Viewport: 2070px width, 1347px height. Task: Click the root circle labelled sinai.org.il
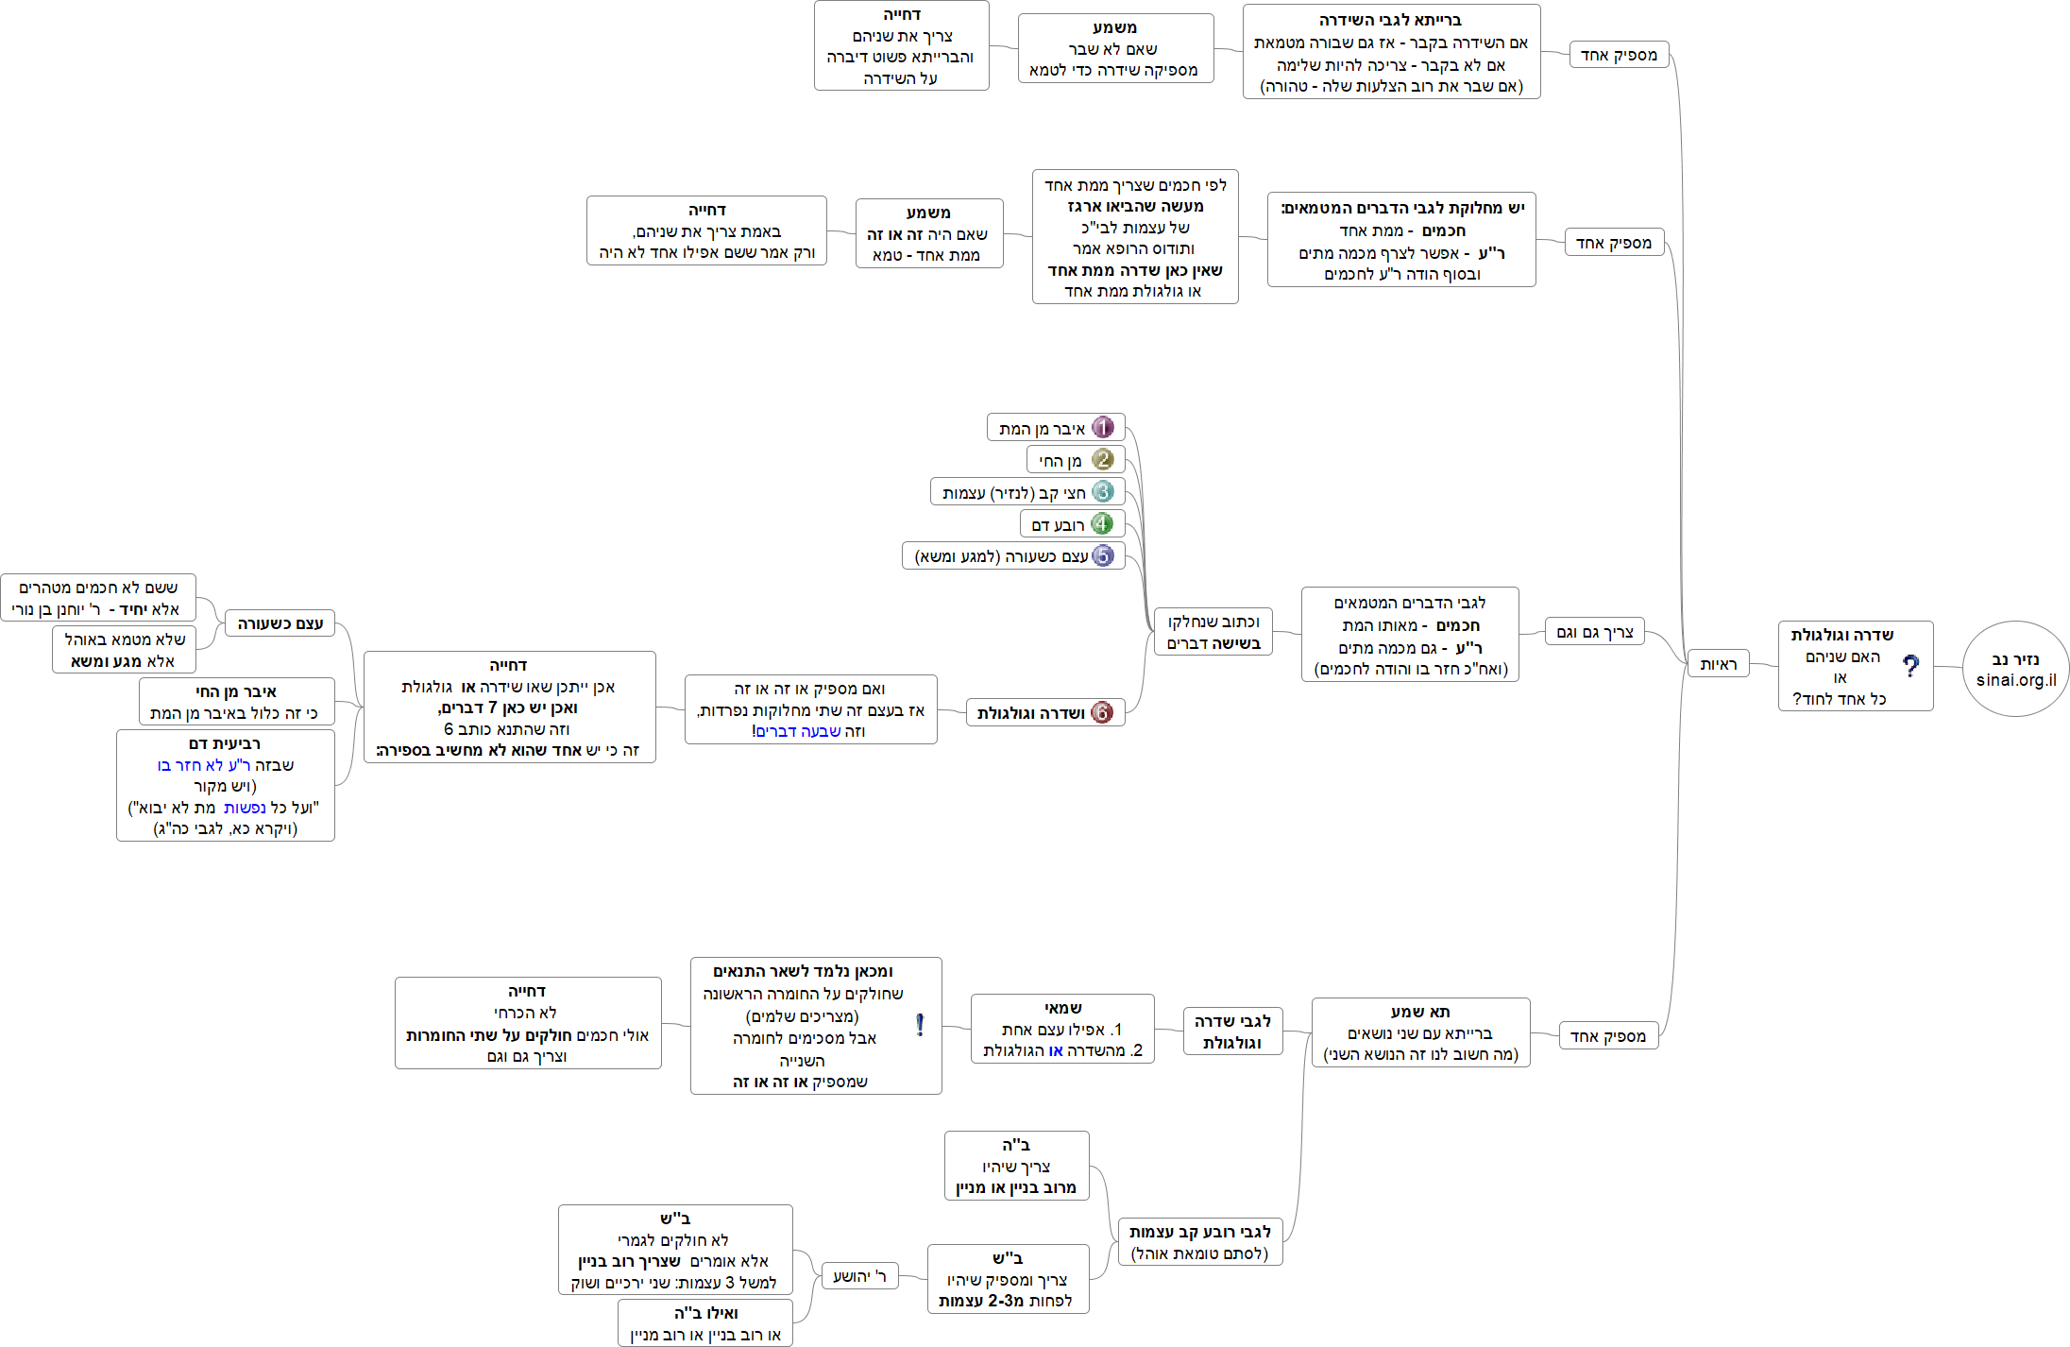pyautogui.click(x=2015, y=669)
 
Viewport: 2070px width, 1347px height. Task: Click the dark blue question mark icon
pyautogui.click(x=1910, y=667)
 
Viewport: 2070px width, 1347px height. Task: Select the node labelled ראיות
pyautogui.click(x=1718, y=664)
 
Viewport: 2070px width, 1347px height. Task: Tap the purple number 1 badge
pyautogui.click(x=1102, y=428)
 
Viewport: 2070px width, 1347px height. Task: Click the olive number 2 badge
pyautogui.click(x=1102, y=460)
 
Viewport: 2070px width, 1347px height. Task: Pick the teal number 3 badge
pyautogui.click(x=1102, y=492)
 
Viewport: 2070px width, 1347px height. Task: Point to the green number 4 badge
pyautogui.click(x=1101, y=524)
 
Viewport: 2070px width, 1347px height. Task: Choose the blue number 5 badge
pyautogui.click(x=1102, y=556)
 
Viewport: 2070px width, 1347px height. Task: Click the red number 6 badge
pyautogui.click(x=1101, y=713)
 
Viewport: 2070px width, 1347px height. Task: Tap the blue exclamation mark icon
pyautogui.click(x=920, y=1026)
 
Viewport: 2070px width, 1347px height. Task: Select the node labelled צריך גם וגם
pyautogui.click(x=1594, y=632)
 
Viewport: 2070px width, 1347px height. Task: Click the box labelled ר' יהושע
pyautogui.click(x=859, y=1276)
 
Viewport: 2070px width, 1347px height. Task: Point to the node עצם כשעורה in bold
pyautogui.click(x=280, y=623)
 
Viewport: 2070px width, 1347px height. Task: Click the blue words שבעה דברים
pyautogui.click(x=798, y=731)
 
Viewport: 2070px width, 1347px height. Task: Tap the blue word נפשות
pyautogui.click(x=245, y=808)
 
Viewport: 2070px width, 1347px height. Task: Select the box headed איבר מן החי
pyautogui.click(x=236, y=702)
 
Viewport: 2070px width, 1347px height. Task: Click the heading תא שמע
pyautogui.click(x=1420, y=1012)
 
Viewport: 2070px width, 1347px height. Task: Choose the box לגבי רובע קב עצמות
pyautogui.click(x=1199, y=1242)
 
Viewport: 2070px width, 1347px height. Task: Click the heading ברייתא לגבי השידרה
pyautogui.click(x=1390, y=20)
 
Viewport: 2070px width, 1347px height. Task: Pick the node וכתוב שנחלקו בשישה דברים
pyautogui.click(x=1213, y=632)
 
